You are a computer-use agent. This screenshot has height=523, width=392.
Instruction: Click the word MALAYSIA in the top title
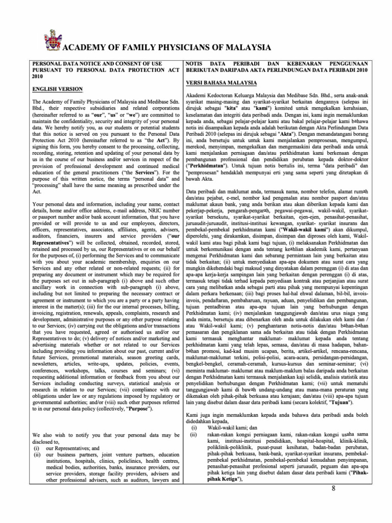246,48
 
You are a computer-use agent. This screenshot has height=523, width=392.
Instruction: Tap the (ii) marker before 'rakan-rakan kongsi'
193,434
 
